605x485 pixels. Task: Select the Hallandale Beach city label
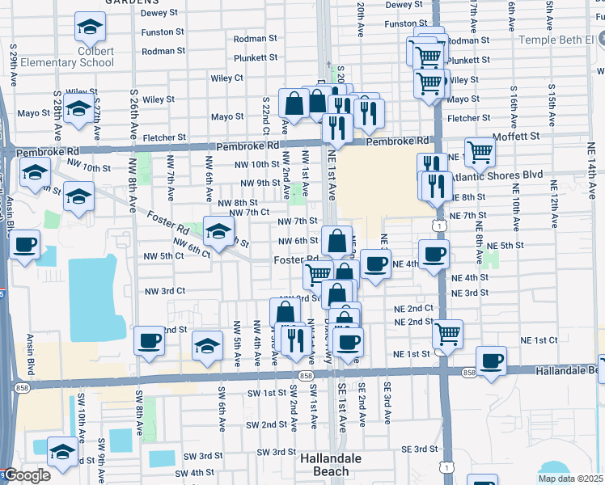(335, 464)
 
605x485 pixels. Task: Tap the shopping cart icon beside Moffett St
(480, 151)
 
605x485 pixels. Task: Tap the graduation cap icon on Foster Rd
(218, 231)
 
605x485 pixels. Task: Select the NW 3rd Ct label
(164, 291)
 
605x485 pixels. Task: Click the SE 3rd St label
(415, 449)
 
